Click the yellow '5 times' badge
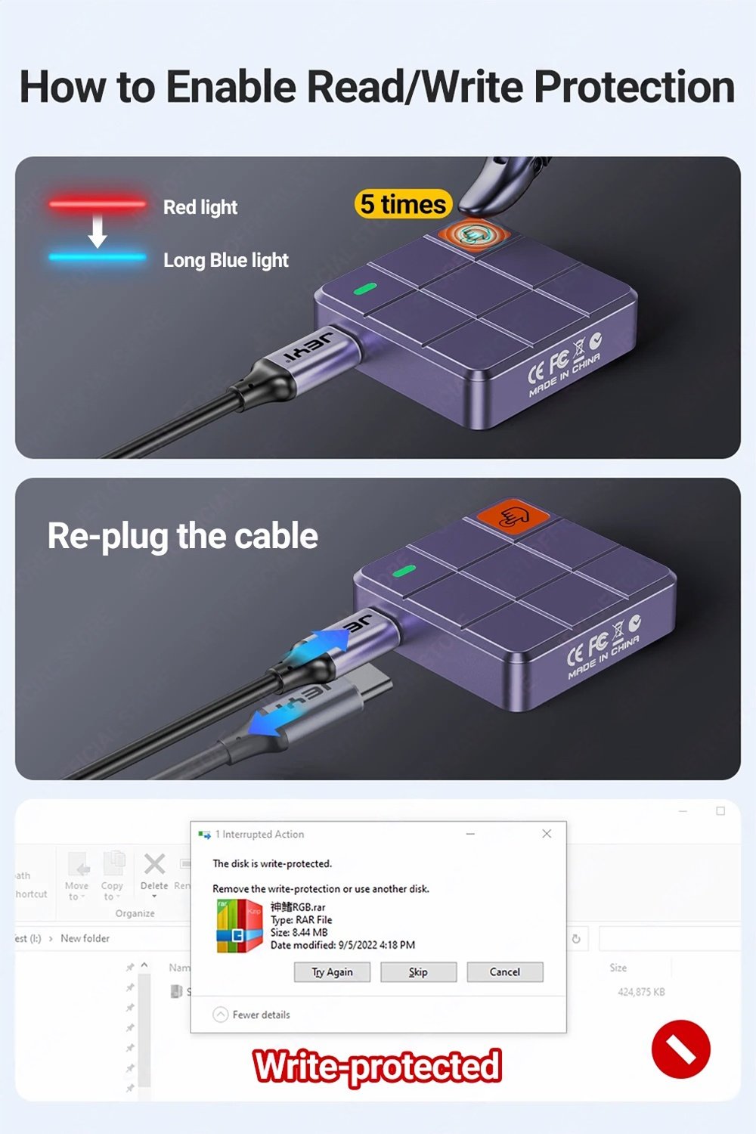pyautogui.click(x=403, y=204)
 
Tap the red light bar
pyautogui.click(x=98, y=203)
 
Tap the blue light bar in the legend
pyautogui.click(x=98, y=257)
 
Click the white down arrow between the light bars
pyautogui.click(x=98, y=231)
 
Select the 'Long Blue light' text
pyautogui.click(x=225, y=260)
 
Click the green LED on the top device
pyautogui.click(x=365, y=289)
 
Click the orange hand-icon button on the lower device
pyautogui.click(x=513, y=517)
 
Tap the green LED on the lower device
pyautogui.click(x=404, y=570)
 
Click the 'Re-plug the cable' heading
pyautogui.click(x=182, y=536)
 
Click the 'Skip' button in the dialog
pyautogui.click(x=418, y=972)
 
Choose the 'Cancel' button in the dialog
pyautogui.click(x=504, y=972)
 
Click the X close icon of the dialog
pyautogui.click(x=547, y=834)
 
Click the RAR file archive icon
pyautogui.click(x=239, y=925)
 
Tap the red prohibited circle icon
pyautogui.click(x=680, y=1049)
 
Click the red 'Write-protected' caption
pyautogui.click(x=377, y=1067)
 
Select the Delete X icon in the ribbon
pyautogui.click(x=154, y=864)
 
